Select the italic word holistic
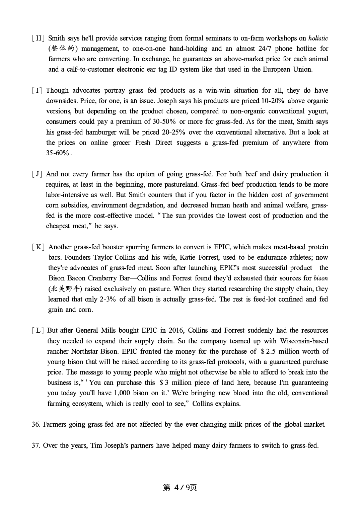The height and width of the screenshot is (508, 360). point(318,38)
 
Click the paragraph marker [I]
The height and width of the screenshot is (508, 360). point(37,90)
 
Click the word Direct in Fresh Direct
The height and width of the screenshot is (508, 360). point(163,143)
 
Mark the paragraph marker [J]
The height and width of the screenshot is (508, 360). point(37,174)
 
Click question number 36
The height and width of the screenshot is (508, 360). point(36,424)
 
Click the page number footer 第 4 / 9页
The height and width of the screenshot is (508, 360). point(180,488)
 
